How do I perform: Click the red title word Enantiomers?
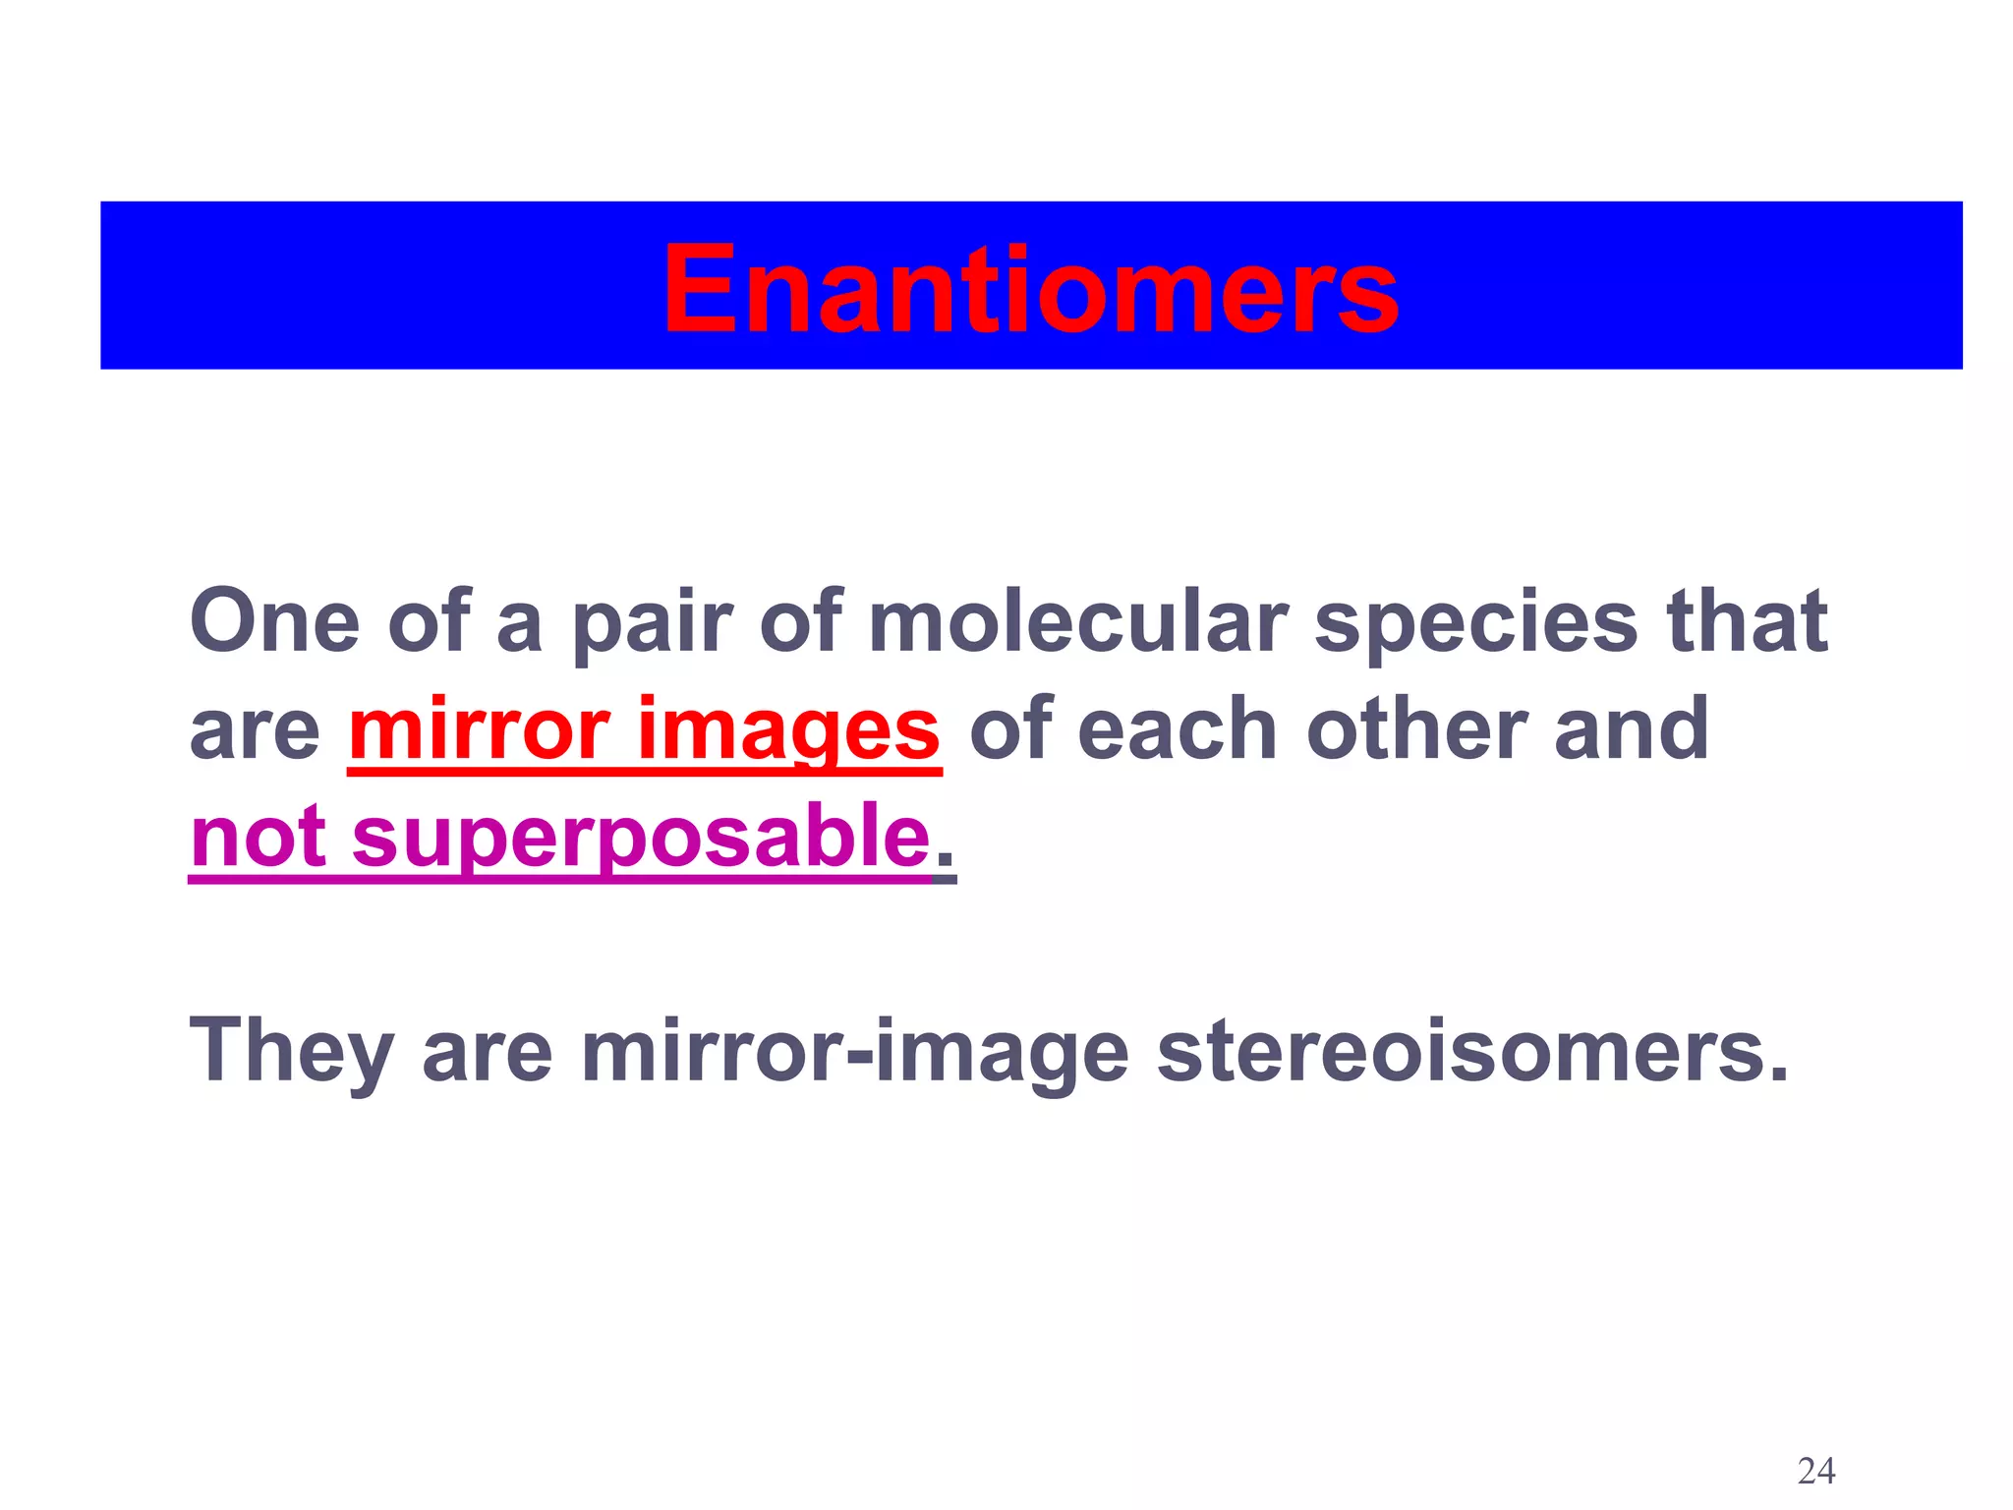pos(1030,290)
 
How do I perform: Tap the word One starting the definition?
pos(274,621)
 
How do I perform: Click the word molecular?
pos(1077,621)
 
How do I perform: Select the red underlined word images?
pos(789,729)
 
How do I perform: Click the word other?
pos(1415,729)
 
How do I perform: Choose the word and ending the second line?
pos(1631,729)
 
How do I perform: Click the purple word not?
pos(258,838)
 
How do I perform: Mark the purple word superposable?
pos(640,838)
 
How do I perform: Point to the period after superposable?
pos(945,866)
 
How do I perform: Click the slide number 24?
pos(1815,1472)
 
